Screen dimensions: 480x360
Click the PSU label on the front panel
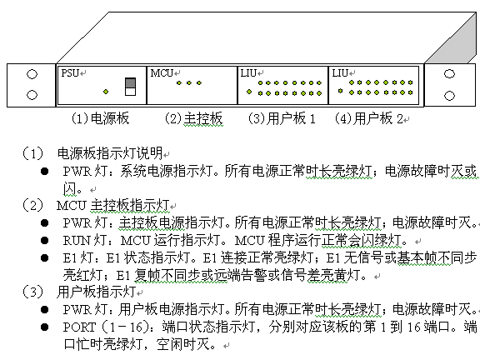tap(70, 73)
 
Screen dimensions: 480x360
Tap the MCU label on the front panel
tap(162, 73)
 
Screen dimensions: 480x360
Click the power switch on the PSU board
tap(130, 87)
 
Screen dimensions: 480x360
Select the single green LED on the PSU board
tap(106, 92)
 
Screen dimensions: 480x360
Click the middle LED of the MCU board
tap(189, 82)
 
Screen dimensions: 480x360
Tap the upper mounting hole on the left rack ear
tap(32, 74)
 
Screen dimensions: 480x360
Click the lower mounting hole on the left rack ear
tap(32, 95)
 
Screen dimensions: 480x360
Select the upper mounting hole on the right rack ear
tap(449, 74)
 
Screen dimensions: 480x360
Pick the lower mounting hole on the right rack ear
tap(449, 96)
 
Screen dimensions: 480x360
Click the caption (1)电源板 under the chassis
tap(100, 118)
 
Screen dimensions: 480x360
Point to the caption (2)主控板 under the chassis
tap(194, 118)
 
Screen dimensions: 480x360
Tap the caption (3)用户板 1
tap(282, 118)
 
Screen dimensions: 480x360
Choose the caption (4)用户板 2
tap(369, 118)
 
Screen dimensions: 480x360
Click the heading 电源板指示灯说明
tap(110, 153)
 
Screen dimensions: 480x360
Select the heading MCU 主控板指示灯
tap(113, 205)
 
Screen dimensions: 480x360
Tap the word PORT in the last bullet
tap(80, 327)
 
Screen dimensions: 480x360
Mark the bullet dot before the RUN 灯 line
tap(45, 241)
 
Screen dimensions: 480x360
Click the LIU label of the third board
tap(248, 73)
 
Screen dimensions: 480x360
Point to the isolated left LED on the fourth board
tap(340, 91)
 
